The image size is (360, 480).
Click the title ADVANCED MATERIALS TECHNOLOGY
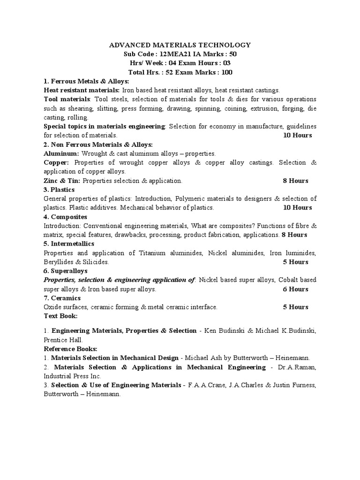[x=180, y=45]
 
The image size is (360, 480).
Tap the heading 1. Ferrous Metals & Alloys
[x=86, y=81]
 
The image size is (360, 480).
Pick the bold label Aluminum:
[x=61, y=153]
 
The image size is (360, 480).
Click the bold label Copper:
[x=56, y=162]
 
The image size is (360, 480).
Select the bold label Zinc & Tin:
[x=62, y=180]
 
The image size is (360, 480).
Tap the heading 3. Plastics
[x=59, y=189]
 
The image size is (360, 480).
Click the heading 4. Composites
[x=65, y=217]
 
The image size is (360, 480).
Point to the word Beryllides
[x=58, y=262]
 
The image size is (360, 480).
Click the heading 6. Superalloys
[x=66, y=271]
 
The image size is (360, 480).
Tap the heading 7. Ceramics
[x=62, y=298]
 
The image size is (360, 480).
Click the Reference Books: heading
[x=70, y=349]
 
